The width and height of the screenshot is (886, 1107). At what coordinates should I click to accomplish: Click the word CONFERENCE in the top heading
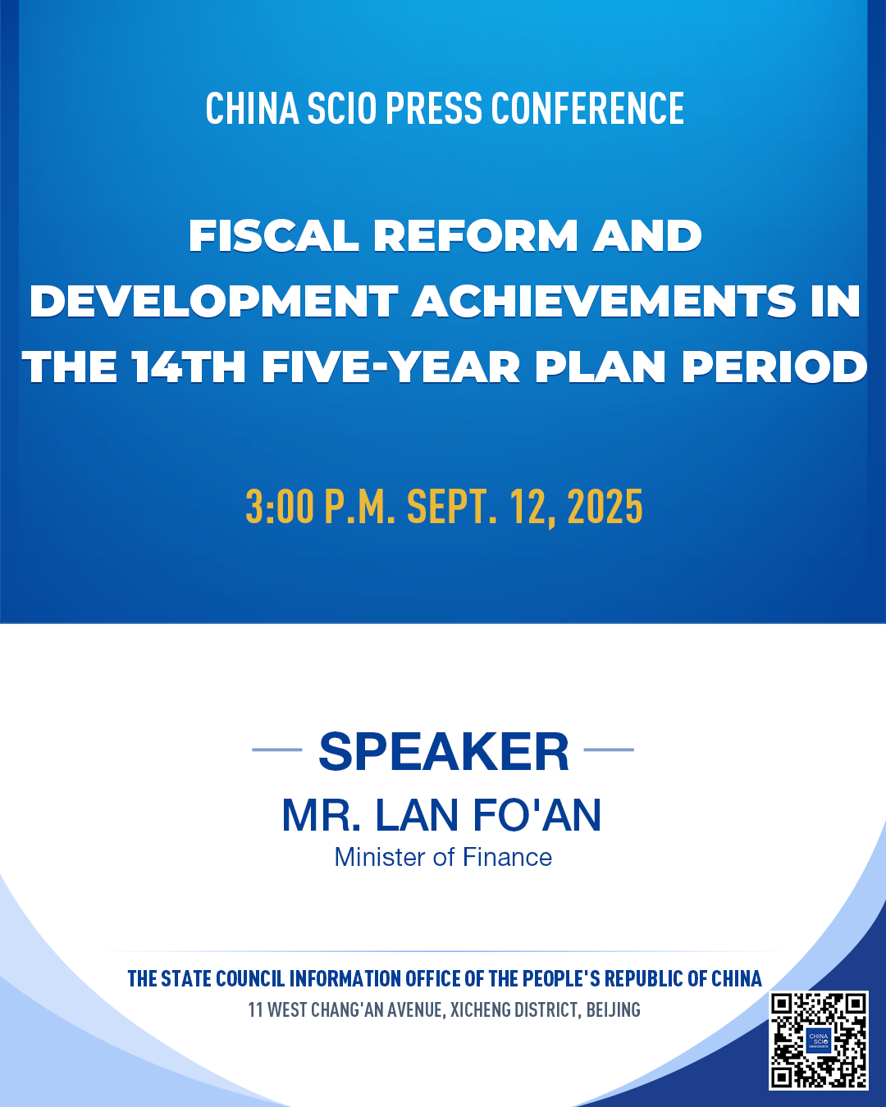click(587, 108)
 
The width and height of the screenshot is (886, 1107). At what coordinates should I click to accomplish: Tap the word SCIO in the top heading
click(342, 108)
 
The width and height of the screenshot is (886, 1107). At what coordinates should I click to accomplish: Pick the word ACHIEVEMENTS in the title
click(603, 301)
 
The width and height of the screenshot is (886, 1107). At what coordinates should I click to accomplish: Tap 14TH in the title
click(189, 367)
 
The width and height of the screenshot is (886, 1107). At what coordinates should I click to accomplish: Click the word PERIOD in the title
click(774, 367)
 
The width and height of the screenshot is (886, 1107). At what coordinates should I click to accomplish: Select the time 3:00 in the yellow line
click(280, 506)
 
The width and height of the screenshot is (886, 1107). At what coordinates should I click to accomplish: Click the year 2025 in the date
click(605, 506)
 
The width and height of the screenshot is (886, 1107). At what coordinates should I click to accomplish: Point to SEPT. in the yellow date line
click(452, 506)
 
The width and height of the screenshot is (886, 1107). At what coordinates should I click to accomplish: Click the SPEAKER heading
click(444, 752)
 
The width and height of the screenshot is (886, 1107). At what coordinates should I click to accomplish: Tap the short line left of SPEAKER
click(277, 750)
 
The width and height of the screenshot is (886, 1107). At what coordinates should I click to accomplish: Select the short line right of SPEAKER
click(609, 750)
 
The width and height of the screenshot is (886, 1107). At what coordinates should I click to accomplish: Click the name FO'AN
click(537, 816)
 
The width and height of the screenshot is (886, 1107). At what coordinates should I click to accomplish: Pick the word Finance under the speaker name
click(507, 858)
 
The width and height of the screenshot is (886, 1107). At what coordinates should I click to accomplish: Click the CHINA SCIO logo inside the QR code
click(819, 1041)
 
